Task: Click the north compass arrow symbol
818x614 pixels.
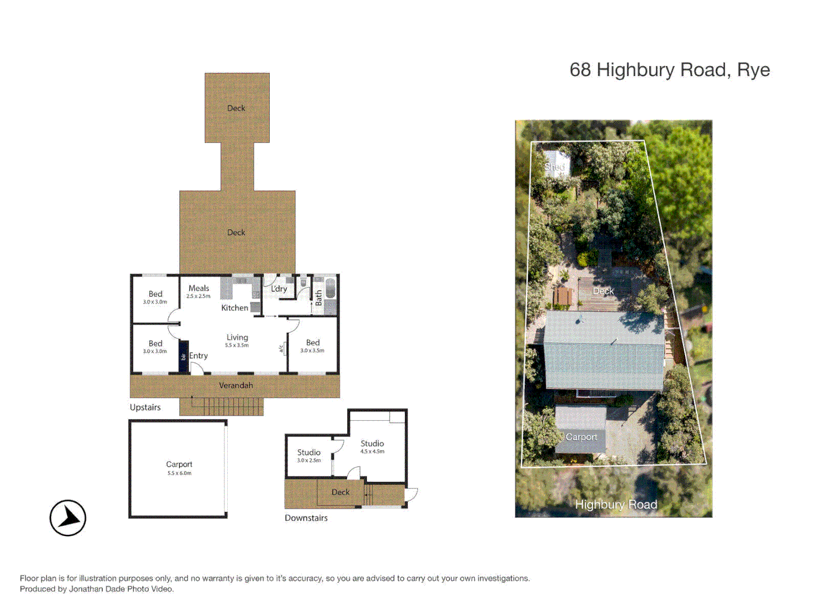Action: [x=68, y=518]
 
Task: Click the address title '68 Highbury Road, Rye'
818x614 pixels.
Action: [x=669, y=70]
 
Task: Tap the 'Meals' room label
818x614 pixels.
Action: [x=199, y=288]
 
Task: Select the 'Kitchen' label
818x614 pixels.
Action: [x=235, y=308]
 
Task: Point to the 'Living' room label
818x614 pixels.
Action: [x=237, y=337]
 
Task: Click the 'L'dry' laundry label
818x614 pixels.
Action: [x=279, y=289]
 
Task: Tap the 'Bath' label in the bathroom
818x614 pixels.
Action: [x=319, y=298]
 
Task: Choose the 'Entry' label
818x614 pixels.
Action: [x=198, y=355]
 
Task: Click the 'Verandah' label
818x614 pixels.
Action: [x=236, y=385]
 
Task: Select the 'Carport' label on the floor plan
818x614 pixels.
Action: [x=179, y=464]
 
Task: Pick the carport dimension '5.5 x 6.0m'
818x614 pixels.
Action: [x=179, y=473]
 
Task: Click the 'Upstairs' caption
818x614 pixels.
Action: [x=145, y=407]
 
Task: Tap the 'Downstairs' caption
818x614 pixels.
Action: [x=306, y=518]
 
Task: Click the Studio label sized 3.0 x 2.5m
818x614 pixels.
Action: [x=308, y=453]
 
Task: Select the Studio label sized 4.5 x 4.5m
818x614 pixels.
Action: [x=372, y=443]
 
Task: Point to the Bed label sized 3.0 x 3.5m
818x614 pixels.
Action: [x=312, y=343]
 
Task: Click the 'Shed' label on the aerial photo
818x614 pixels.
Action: [x=554, y=167]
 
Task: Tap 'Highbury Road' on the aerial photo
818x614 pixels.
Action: [x=616, y=504]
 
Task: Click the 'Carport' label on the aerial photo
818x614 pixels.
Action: [x=581, y=437]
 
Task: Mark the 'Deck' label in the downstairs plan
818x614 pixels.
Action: [x=340, y=492]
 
